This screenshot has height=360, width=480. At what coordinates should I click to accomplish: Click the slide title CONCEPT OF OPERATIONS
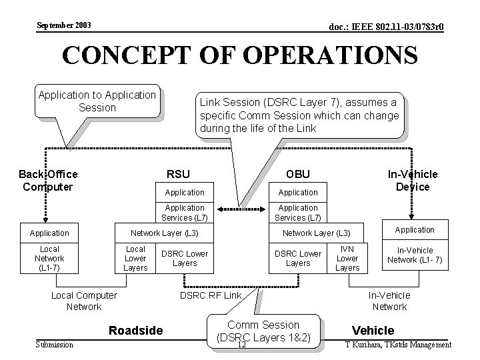240,55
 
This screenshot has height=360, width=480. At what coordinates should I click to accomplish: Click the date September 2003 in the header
64,25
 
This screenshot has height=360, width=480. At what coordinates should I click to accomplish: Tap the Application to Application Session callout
97,101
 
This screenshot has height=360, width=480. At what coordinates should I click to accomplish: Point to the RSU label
178,174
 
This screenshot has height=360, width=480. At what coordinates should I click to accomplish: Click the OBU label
297,174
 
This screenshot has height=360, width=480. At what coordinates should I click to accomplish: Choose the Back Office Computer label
48,180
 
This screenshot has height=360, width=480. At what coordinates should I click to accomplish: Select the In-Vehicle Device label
413,180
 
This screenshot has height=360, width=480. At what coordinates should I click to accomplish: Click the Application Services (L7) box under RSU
185,213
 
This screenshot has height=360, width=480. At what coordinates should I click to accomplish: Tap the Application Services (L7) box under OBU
297,213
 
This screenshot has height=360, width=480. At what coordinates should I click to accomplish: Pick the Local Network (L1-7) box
49,259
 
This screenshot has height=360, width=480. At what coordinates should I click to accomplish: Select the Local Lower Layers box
135,259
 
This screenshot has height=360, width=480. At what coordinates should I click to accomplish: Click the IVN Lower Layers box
347,259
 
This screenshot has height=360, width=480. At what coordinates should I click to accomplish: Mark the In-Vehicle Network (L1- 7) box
415,255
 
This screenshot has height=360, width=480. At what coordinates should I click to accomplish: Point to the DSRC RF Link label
211,295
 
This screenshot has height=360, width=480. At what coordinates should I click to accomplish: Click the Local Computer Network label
84,301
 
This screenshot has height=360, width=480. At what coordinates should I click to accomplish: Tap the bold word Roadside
135,330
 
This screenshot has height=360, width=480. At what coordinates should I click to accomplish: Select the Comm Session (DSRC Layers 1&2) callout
263,331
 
